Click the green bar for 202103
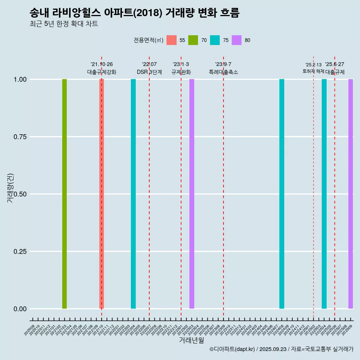64,194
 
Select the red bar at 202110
102,194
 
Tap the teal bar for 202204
133,194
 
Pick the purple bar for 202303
192,194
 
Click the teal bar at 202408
282,194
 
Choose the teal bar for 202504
324,194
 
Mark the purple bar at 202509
351,194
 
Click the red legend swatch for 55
171,40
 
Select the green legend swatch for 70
193,40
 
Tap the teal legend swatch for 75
215,40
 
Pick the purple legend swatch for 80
237,40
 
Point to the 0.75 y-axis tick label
19,137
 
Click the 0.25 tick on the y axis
19,252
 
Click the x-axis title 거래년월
191,340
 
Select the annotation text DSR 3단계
149,72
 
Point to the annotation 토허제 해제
313,71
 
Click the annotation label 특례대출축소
223,72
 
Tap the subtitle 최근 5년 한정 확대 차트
64,24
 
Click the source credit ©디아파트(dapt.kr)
232,349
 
